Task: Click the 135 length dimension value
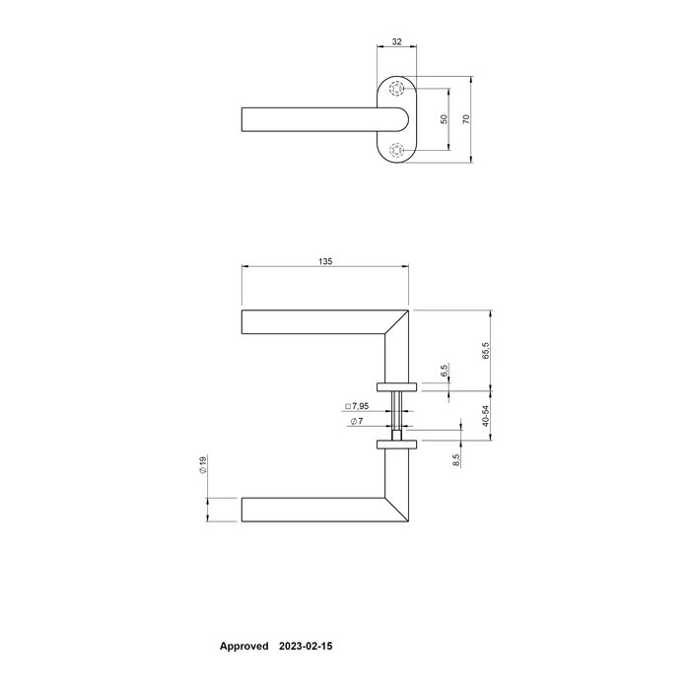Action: [325, 261]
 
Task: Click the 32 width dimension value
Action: [396, 42]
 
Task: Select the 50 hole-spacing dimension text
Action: [444, 118]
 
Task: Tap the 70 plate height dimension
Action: [466, 118]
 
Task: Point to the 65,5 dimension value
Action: [486, 351]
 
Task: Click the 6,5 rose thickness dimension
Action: [445, 372]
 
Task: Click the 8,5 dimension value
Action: [456, 459]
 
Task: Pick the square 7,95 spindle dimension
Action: [357, 406]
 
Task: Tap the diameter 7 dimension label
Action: [357, 422]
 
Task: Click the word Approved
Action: [242, 647]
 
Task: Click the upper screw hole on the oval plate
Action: [396, 89]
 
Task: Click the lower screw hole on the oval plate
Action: [396, 150]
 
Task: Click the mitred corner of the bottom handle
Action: [398, 510]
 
